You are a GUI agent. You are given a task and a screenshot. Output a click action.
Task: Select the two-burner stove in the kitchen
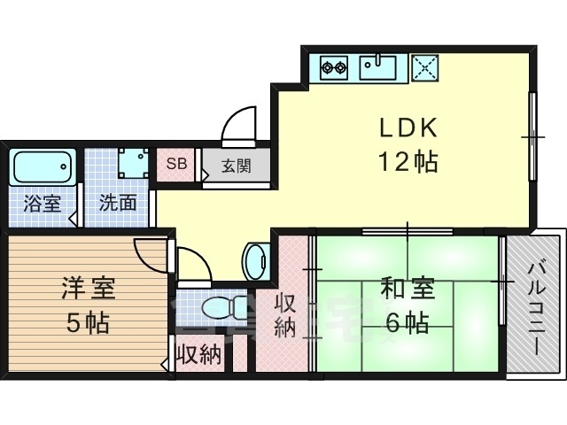tap(334, 66)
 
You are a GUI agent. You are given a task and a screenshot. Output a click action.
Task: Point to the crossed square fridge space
tap(425, 66)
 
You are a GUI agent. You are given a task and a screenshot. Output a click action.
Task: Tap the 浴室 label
tap(43, 203)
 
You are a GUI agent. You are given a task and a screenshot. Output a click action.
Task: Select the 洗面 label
tap(118, 203)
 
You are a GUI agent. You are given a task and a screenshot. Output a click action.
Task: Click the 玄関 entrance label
tap(235, 165)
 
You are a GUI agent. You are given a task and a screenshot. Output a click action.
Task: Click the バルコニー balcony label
tap(537, 305)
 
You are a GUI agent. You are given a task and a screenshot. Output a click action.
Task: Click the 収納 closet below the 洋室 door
tap(198, 357)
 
